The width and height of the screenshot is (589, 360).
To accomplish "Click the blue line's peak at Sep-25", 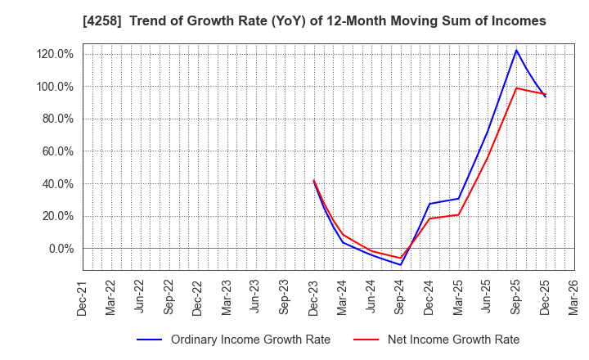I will pos(516,50).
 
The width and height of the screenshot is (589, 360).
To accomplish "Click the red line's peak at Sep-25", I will pos(516,88).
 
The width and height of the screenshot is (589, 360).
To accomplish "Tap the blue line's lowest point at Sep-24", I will pos(400,264).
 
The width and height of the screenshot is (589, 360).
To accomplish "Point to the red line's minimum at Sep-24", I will pos(400,259).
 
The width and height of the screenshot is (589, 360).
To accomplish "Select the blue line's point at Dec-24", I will pos(429,204).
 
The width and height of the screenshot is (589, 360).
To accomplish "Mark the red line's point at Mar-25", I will pos(458,214).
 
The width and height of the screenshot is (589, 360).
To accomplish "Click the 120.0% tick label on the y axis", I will pos(55,54).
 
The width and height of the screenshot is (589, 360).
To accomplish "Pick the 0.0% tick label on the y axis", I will pos(61,249).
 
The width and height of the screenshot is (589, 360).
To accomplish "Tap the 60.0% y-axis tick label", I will pos(57,151).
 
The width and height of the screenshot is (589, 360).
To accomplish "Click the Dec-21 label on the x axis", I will pos(83,296).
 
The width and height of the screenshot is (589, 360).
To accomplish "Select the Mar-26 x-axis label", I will pos(574,296).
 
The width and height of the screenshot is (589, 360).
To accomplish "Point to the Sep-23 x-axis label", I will pos(285,296).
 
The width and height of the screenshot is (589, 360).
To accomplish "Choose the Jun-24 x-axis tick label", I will pos(371,296).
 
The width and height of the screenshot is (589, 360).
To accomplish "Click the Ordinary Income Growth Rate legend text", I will pos(250,340).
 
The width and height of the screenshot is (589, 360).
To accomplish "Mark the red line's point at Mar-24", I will pos(343,234).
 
